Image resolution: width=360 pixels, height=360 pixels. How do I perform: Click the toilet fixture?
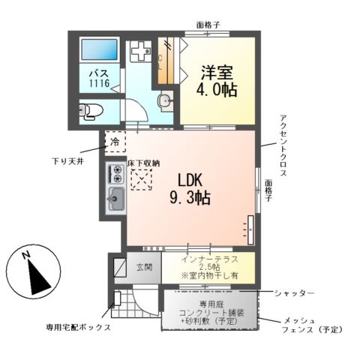coord(89,111)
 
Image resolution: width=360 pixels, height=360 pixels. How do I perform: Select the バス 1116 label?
coord(97,79)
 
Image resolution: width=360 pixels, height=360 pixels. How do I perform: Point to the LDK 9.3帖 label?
coord(193,189)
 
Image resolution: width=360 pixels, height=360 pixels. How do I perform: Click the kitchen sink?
coord(117,199)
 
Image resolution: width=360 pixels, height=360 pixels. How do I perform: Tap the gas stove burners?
coord(116,174)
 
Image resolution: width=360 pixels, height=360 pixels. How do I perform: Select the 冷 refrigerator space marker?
coord(115,141)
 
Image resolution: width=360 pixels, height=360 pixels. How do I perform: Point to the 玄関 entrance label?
coord(145,267)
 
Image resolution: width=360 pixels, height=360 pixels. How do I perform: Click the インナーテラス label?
coord(209,261)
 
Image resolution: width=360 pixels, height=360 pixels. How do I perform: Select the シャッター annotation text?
coord(293,292)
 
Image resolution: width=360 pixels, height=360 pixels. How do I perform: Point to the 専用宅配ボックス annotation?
coord(78,328)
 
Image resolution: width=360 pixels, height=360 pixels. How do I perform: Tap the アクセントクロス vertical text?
coord(283,142)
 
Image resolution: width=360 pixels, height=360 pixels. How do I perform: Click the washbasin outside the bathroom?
coord(163,101)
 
